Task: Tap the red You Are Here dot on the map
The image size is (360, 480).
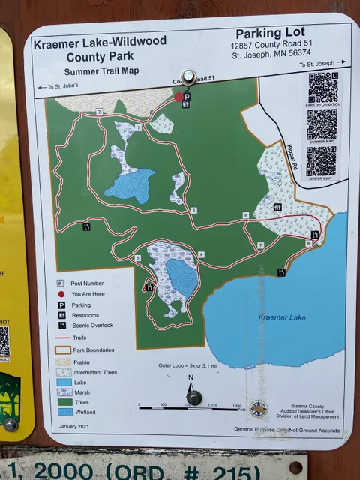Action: tap(178, 97)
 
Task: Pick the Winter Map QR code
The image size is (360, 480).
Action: tap(321, 161)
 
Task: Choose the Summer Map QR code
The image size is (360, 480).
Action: tap(322, 124)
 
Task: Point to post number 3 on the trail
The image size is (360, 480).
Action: tap(193, 210)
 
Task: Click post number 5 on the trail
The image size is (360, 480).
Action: tap(137, 258)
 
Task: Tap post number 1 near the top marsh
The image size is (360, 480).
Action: tap(138, 127)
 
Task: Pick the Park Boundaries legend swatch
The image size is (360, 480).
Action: tap(63, 349)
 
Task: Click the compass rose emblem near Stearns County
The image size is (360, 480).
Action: tap(258, 409)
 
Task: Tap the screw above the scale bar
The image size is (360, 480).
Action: tap(193, 397)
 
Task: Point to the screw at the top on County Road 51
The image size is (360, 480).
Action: tap(187, 76)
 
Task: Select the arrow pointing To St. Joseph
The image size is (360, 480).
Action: tap(341, 63)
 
